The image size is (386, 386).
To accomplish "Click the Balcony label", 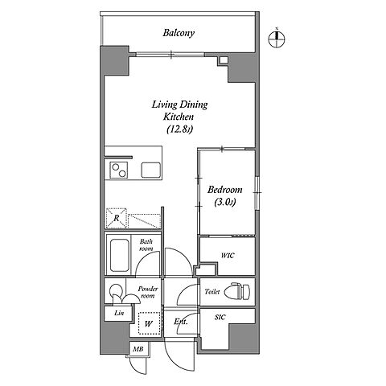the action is click(179, 33).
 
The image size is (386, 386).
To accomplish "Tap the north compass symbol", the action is click(277, 39).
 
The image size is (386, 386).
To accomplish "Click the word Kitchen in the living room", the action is click(179, 117).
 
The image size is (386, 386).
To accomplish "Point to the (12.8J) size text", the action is click(179, 129).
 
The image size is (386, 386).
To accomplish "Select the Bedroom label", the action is click(225, 190).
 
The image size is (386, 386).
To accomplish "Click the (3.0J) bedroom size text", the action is click(225, 203).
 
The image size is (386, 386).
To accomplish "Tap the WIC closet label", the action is click(228, 256).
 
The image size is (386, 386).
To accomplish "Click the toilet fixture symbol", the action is click(236, 291).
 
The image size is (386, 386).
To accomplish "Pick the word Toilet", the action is click(212, 292).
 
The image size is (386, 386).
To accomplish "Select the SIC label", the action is click(220, 318).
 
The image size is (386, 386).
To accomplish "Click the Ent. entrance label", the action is click(181, 322).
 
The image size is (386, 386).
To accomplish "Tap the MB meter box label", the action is click(138, 349).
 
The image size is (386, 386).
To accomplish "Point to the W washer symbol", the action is click(149, 323).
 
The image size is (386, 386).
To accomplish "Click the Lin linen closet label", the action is click(119, 313).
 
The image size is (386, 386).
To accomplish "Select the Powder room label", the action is click(148, 292).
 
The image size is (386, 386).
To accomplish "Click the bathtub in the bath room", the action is click(119, 255).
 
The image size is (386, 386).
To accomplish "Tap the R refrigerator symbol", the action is click(117, 218).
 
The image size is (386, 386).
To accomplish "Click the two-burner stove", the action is click(119, 170).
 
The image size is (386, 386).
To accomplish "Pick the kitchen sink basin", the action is click(151, 170).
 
